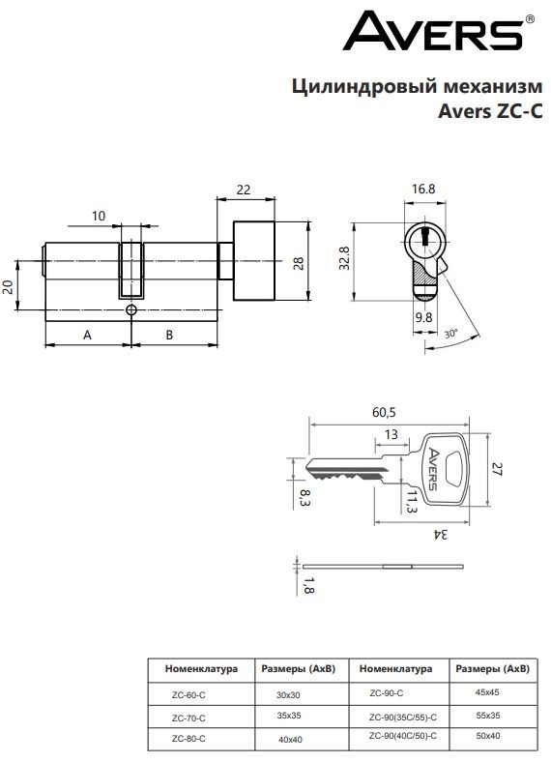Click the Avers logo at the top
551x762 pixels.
[x=439, y=32]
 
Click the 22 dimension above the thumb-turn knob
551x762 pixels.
[x=244, y=190]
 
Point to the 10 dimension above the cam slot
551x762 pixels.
[x=99, y=216]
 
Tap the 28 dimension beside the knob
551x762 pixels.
[x=299, y=263]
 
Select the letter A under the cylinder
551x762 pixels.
[x=87, y=335]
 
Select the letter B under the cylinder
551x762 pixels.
[x=169, y=335]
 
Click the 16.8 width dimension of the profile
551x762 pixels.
[x=423, y=189]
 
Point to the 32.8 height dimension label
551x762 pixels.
[x=344, y=258]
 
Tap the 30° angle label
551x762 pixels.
[x=451, y=334]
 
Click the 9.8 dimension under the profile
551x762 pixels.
[x=423, y=317]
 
